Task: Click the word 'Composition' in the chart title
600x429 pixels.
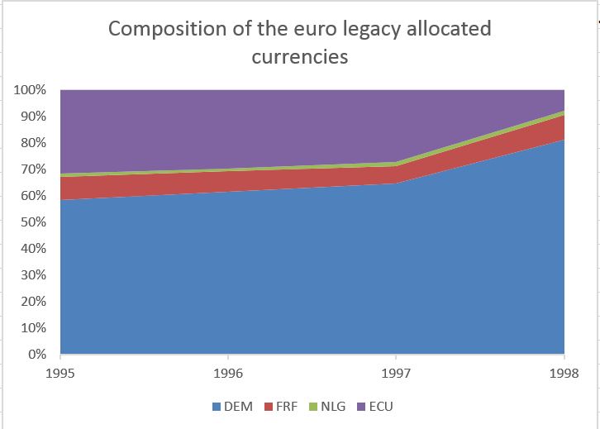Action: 168,30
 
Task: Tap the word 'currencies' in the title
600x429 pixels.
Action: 300,57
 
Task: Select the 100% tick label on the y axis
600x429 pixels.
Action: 30,90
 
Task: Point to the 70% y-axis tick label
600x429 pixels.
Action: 33,169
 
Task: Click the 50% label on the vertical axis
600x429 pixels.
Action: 33,222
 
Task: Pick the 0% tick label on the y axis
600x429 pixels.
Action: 37,354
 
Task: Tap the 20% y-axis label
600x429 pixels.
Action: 33,301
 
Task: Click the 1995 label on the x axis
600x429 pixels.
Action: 60,373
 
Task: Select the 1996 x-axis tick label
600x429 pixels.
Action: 228,373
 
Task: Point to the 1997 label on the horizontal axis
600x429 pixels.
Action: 396,373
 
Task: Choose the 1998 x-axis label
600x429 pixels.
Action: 564,373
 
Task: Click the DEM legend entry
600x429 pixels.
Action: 233,407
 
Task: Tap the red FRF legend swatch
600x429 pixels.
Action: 269,407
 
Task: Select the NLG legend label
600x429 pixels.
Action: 333,407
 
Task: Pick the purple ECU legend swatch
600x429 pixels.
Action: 361,407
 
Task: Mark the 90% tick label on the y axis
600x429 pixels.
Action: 33,117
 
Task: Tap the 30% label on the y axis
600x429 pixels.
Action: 33,274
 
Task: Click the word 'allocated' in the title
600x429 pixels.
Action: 449,29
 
